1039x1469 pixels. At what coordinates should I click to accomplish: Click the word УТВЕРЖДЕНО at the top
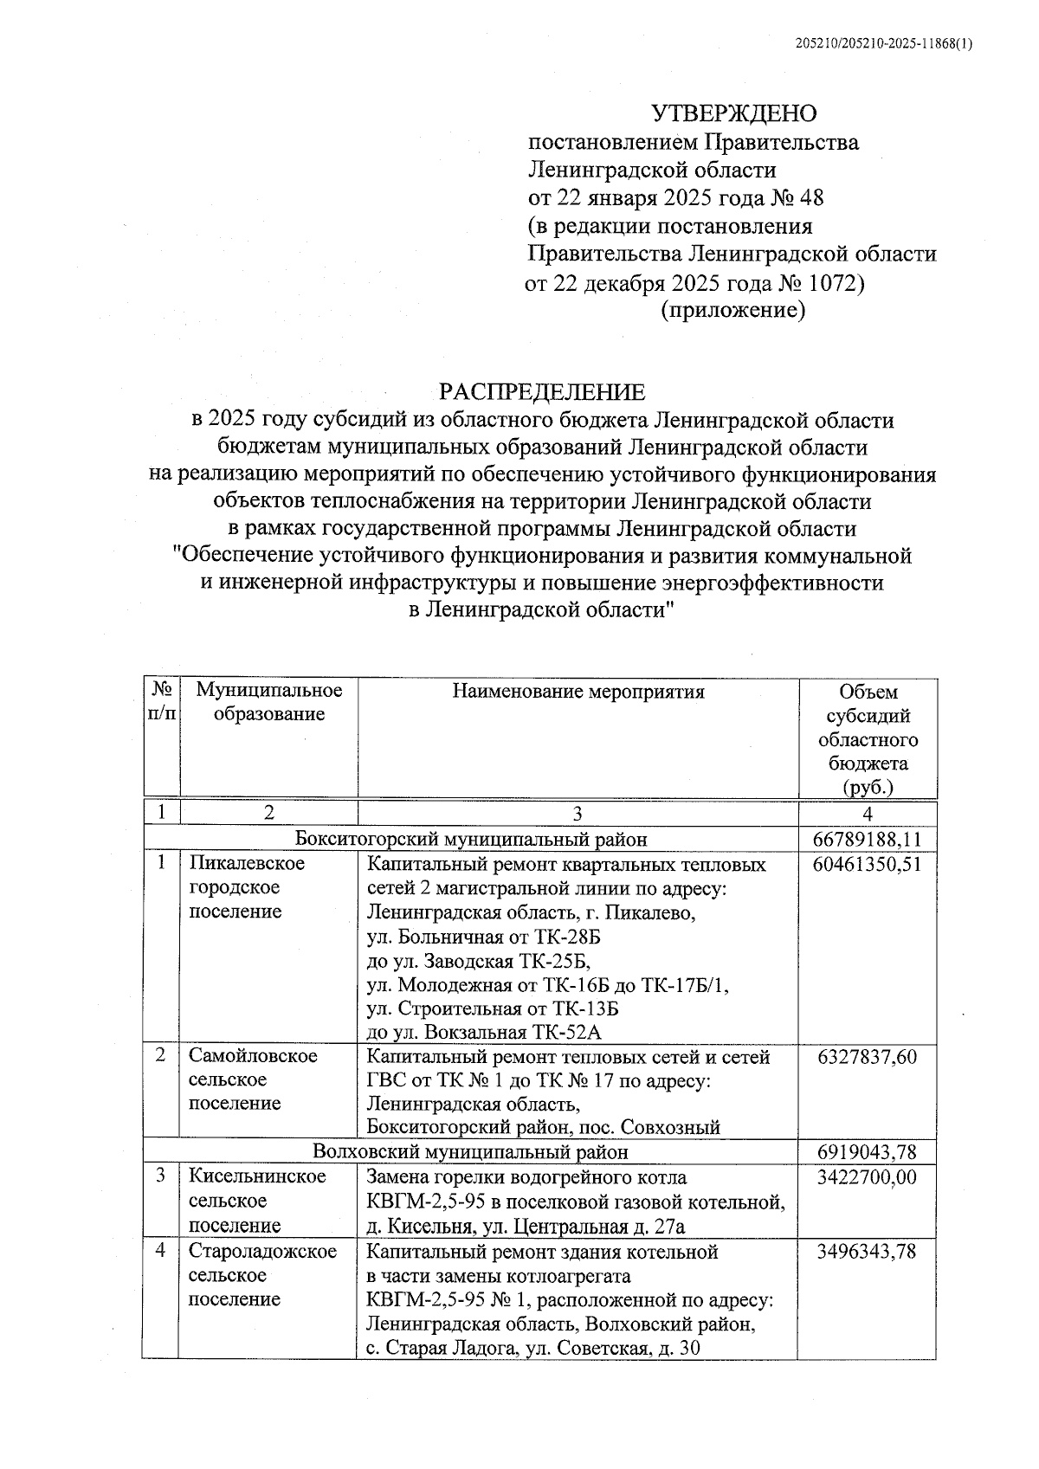(733, 113)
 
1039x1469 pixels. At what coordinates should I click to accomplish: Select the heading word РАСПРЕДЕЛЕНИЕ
(542, 392)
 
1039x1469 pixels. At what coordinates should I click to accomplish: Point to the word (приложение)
(733, 310)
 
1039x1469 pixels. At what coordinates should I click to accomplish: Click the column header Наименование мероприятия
(578, 692)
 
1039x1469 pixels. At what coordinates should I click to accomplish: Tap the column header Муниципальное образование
(269, 702)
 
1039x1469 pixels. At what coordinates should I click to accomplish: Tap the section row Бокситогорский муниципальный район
(471, 839)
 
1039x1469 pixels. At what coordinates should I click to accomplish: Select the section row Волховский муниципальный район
(471, 1152)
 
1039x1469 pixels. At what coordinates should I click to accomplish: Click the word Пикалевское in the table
(247, 864)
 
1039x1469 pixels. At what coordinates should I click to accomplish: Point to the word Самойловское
(254, 1056)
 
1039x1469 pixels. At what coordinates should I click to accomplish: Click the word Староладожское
(263, 1252)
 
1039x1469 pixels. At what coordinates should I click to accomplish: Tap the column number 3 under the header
(578, 813)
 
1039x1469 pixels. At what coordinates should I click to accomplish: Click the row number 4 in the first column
(160, 1252)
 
